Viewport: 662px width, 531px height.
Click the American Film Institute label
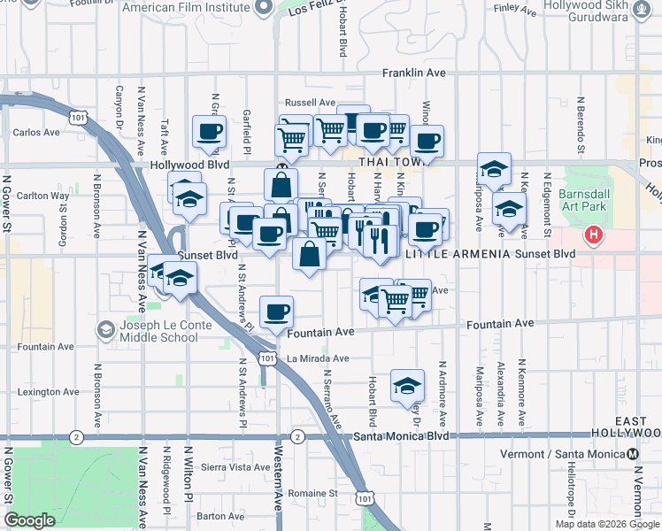pyautogui.click(x=187, y=8)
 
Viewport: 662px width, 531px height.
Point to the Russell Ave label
pyautogui.click(x=309, y=103)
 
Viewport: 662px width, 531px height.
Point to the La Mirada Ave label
pyautogui.click(x=318, y=358)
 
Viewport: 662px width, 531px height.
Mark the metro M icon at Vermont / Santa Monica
pyautogui.click(x=633, y=455)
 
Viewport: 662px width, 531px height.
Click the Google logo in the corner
pyautogui.click(x=30, y=520)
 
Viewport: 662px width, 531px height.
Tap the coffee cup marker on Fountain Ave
pyautogui.click(x=277, y=311)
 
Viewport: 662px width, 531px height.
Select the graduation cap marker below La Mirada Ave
pyautogui.click(x=407, y=385)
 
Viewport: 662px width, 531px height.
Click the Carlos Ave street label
pyautogui.click(x=37, y=133)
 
